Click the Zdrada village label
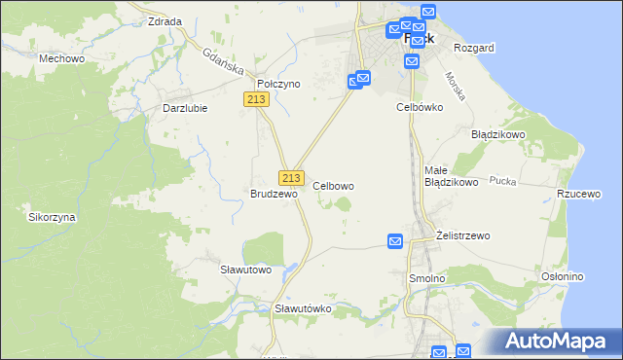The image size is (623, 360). click(x=164, y=20)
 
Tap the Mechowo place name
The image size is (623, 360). click(x=58, y=58)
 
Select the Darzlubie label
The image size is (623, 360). click(x=185, y=108)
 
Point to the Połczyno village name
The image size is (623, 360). click(x=278, y=85)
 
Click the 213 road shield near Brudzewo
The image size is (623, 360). click(x=291, y=178)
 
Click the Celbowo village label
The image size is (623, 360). click(x=333, y=186)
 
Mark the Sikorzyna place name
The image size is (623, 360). click(x=53, y=218)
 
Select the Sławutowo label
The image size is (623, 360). click(x=244, y=270)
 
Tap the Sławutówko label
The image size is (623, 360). click(x=304, y=308)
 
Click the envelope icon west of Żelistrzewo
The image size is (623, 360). click(x=395, y=241)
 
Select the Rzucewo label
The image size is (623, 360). click(x=577, y=194)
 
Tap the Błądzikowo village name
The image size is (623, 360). click(x=498, y=134)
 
